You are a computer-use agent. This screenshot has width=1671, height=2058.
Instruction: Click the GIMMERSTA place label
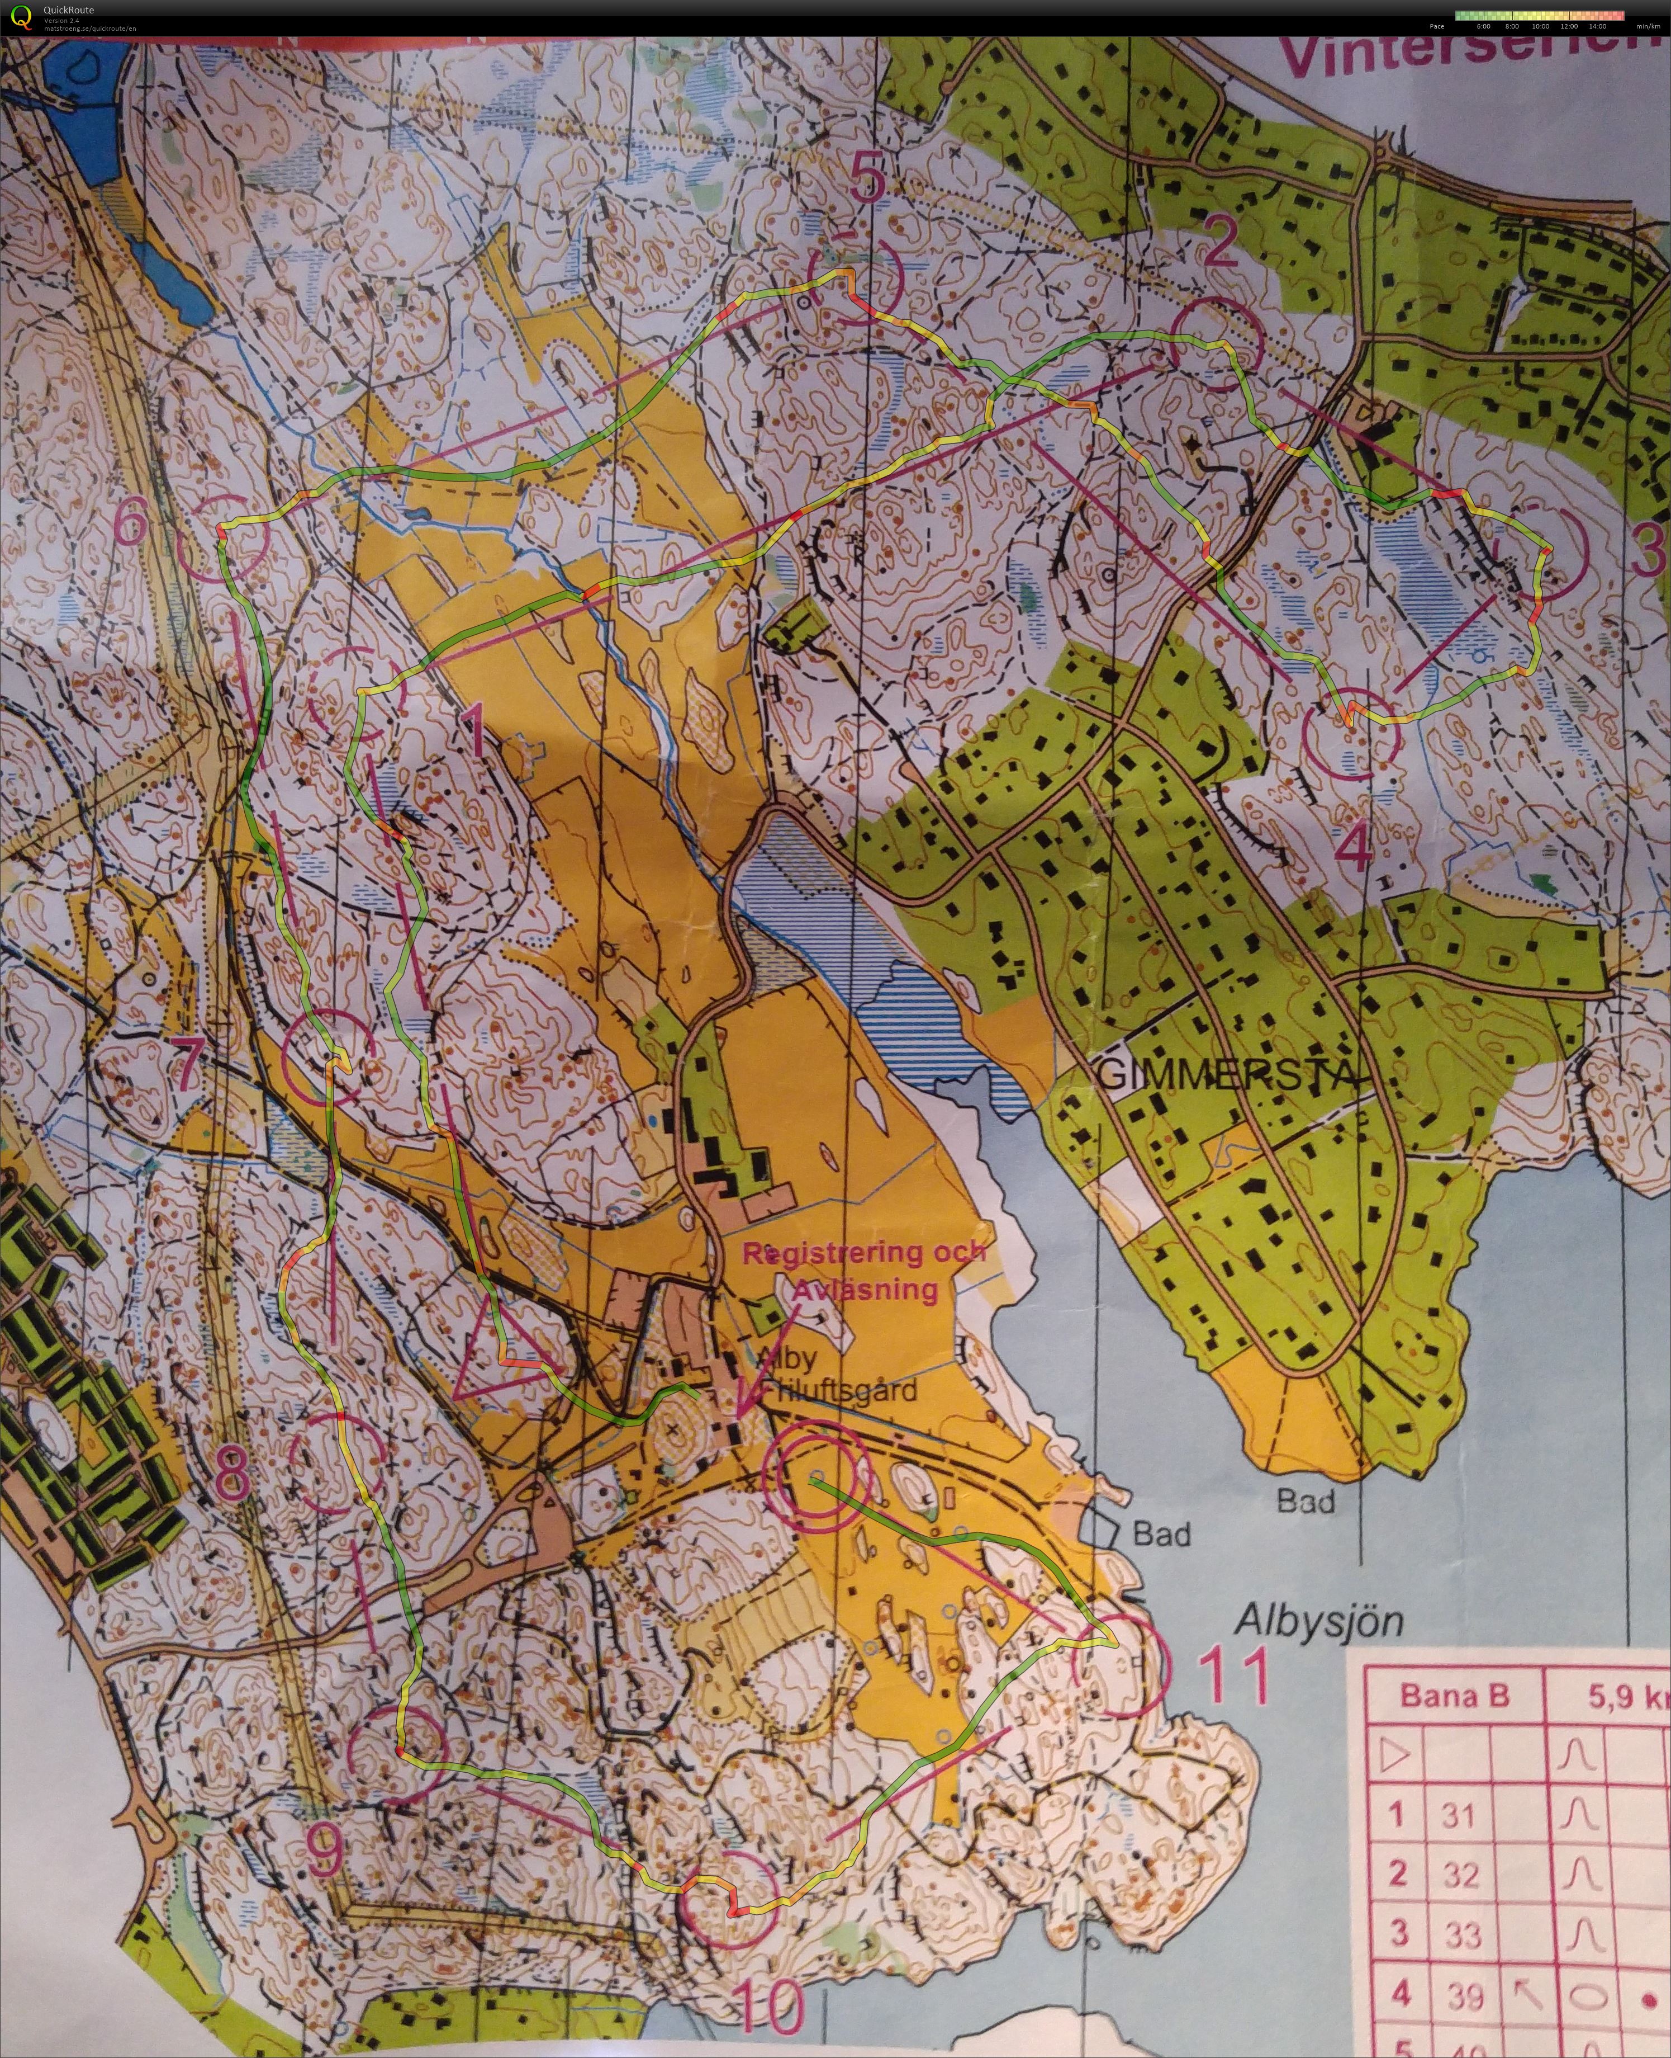click(x=1228, y=1072)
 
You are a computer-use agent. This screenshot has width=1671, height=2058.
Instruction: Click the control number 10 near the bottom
click(x=772, y=2005)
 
